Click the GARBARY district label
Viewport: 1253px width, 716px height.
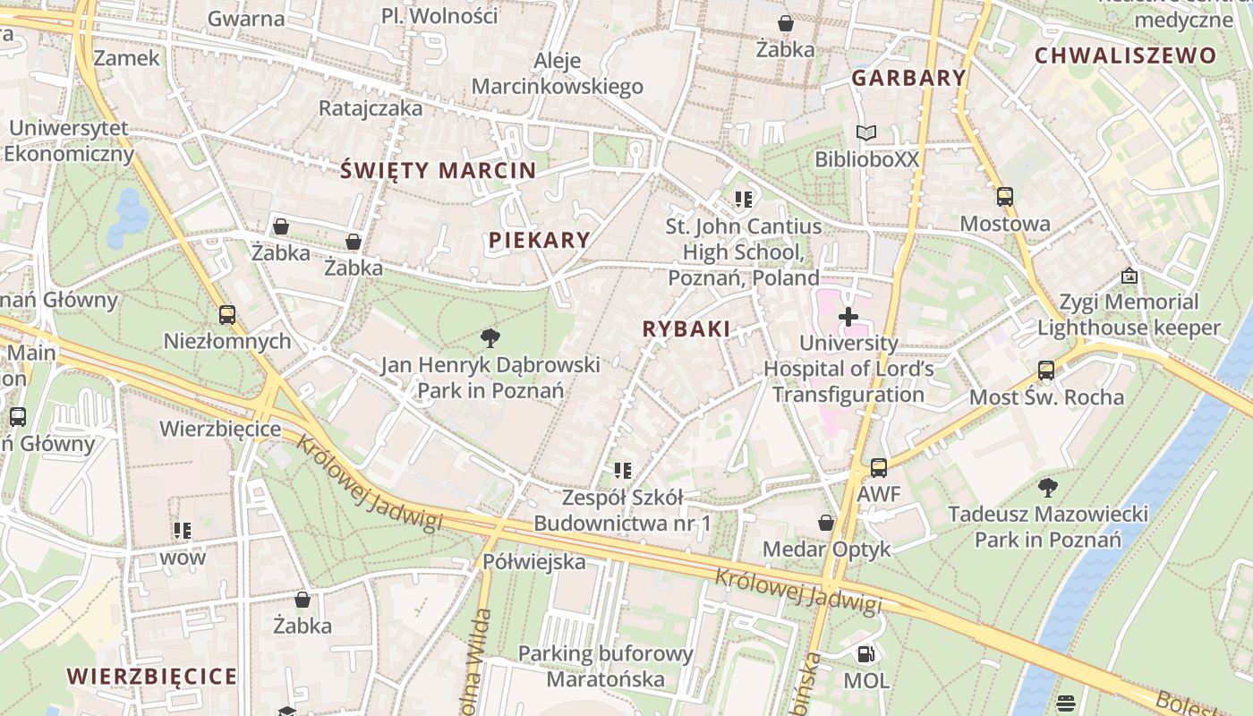point(908,78)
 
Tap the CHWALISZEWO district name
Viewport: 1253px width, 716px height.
point(1126,55)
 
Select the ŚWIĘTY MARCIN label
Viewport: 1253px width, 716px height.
point(439,170)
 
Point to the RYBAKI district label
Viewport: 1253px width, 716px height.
point(686,328)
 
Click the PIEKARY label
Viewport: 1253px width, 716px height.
point(540,240)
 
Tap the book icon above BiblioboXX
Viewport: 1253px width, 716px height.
point(865,133)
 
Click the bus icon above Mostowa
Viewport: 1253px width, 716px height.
point(1005,197)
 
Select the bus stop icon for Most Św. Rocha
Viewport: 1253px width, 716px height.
point(1046,370)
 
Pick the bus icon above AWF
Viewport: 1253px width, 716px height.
point(879,467)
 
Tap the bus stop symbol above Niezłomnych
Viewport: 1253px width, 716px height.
point(227,314)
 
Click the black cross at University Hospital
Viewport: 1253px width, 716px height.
point(848,317)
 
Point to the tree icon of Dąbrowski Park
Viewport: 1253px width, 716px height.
point(490,337)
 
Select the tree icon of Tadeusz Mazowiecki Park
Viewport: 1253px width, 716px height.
point(1048,488)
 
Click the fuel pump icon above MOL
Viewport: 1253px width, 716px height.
point(865,654)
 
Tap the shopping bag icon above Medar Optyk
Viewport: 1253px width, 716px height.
point(826,523)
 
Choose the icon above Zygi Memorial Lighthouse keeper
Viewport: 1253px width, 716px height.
point(1129,276)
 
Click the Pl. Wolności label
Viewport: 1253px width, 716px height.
point(439,15)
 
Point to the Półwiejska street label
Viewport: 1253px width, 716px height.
point(533,562)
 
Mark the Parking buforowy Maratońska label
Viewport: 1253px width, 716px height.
point(606,667)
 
